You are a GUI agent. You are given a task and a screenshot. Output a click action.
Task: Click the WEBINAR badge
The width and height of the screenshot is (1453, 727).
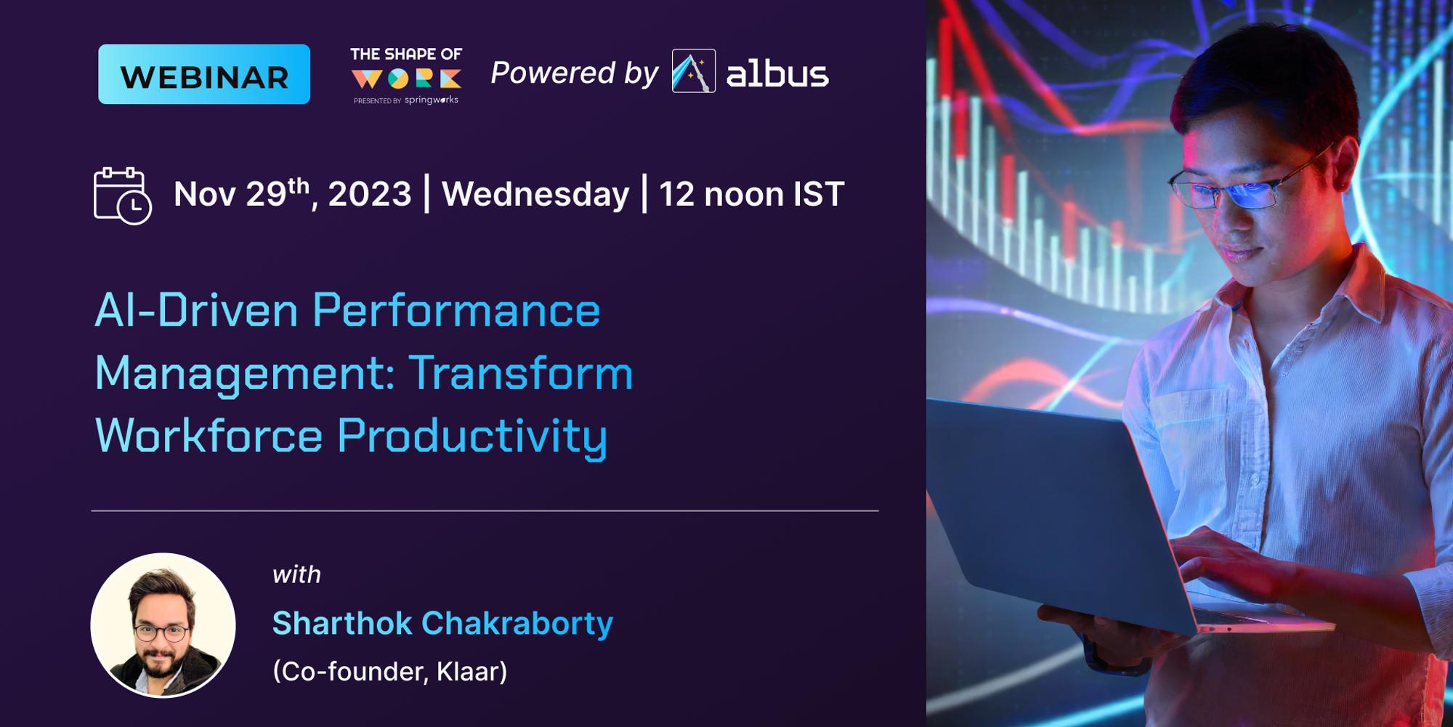coord(204,74)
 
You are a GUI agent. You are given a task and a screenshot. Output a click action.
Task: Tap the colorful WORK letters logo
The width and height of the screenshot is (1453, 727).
coord(406,79)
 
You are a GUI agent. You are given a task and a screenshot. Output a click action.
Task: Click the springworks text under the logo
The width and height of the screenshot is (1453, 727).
coord(431,100)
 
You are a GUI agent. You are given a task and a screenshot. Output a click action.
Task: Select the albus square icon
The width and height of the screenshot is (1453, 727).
coord(693,71)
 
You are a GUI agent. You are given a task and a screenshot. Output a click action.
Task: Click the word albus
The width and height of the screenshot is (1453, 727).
coord(777,74)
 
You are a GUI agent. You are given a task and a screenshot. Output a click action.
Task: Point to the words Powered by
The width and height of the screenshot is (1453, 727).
coord(574,73)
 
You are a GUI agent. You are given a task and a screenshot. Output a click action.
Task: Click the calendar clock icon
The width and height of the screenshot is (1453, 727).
coord(122,196)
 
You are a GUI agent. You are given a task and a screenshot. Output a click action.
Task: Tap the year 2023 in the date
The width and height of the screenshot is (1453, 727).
coord(369,194)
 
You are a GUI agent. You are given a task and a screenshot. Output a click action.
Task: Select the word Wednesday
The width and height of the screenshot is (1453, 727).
coord(535,194)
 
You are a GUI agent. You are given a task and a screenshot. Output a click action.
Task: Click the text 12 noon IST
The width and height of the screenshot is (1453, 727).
coord(751,194)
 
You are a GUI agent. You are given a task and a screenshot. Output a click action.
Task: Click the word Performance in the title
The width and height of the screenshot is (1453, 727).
coord(456,310)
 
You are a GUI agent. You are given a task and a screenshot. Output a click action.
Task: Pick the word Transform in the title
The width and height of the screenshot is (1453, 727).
coord(521,373)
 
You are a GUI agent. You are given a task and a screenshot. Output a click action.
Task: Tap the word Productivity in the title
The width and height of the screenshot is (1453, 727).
coord(472,435)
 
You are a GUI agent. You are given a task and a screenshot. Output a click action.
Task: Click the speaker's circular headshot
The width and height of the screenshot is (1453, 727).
coord(163,625)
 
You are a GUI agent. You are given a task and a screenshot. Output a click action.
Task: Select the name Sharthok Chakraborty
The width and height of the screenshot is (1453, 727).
coord(442,623)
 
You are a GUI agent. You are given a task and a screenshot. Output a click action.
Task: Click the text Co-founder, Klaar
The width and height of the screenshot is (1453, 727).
coord(390,671)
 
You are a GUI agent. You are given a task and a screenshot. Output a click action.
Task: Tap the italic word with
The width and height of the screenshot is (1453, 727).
coord(296,574)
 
